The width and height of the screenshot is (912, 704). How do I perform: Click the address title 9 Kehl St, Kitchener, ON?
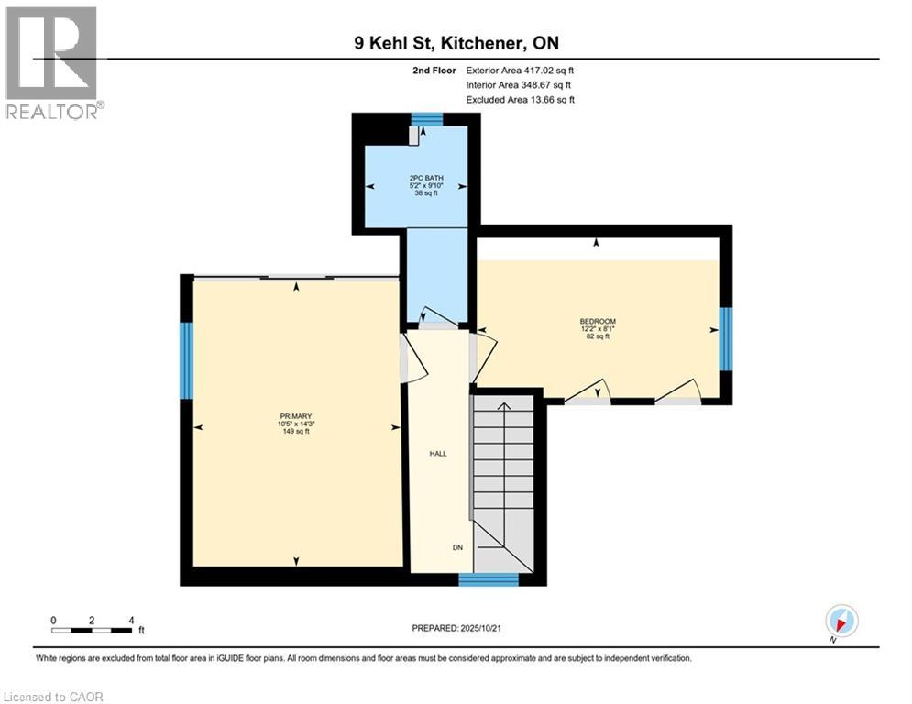[456, 42]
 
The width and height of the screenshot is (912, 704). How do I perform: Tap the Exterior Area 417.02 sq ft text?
[520, 70]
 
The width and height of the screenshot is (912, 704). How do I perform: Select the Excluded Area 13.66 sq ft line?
[520, 99]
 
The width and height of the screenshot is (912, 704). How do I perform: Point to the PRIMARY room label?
[296, 423]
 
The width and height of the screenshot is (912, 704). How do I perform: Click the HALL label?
[438, 454]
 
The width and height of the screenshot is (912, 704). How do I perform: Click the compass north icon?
[841, 621]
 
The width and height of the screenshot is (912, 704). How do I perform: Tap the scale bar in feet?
[93, 630]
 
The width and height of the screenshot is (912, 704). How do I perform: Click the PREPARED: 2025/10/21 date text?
[456, 628]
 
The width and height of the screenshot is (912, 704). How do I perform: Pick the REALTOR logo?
[53, 61]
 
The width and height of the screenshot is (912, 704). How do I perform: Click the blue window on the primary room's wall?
[186, 360]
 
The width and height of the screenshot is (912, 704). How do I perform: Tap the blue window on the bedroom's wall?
[725, 338]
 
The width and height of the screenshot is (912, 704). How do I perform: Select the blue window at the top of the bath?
[426, 118]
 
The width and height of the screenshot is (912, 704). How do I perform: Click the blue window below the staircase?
[488, 578]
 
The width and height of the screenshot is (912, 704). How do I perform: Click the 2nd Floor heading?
[435, 70]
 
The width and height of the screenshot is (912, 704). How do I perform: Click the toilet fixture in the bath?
[415, 136]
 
